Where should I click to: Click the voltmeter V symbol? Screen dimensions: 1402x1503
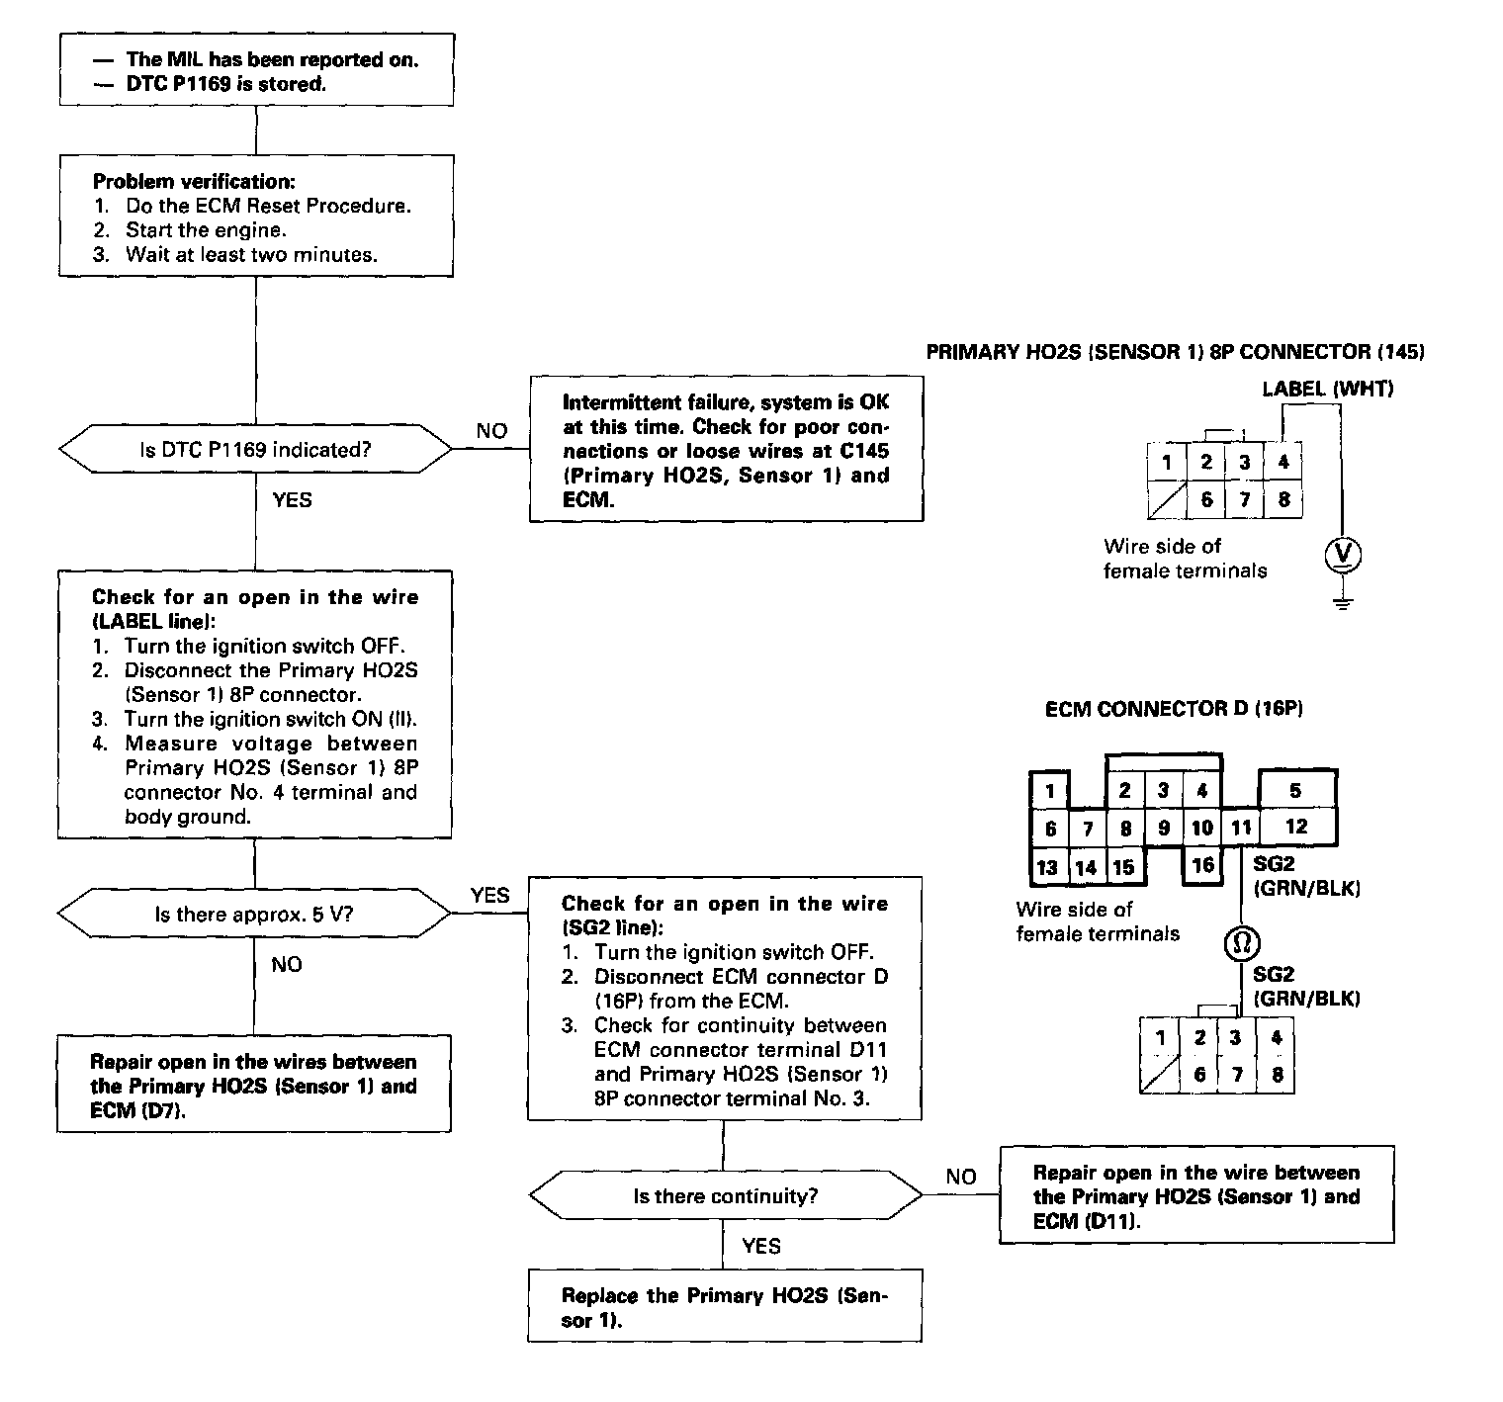tap(1342, 556)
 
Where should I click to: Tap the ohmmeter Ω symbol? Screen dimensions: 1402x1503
tap(1242, 942)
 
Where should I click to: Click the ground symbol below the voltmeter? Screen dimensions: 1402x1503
tap(1342, 602)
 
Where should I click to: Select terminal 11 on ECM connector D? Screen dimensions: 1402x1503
tap(1241, 828)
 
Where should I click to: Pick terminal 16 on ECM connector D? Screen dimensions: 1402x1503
tap(1202, 865)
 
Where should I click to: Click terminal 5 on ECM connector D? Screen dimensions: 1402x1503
tap(1295, 790)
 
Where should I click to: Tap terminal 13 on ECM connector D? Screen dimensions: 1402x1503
tap(1048, 867)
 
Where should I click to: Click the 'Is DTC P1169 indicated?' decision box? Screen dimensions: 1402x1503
tap(255, 450)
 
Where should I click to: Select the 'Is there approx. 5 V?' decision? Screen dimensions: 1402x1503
tap(254, 914)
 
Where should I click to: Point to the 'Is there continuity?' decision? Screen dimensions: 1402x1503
tap(725, 1196)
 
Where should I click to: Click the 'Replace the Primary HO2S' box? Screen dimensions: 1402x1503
tap(724, 1307)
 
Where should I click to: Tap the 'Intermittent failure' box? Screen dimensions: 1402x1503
tap(726, 451)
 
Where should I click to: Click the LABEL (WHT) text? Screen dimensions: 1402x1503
tap(1327, 389)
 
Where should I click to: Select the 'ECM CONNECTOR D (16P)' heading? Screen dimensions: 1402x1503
tap(1174, 709)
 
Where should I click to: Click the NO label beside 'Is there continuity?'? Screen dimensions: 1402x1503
tap(960, 1177)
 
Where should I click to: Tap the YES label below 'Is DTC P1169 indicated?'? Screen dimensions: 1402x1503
tap(292, 500)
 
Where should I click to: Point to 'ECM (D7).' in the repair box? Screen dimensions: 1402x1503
tap(138, 1110)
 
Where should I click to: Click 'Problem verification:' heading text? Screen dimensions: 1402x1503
tap(194, 182)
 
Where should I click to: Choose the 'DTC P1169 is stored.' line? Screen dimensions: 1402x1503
tap(225, 84)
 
